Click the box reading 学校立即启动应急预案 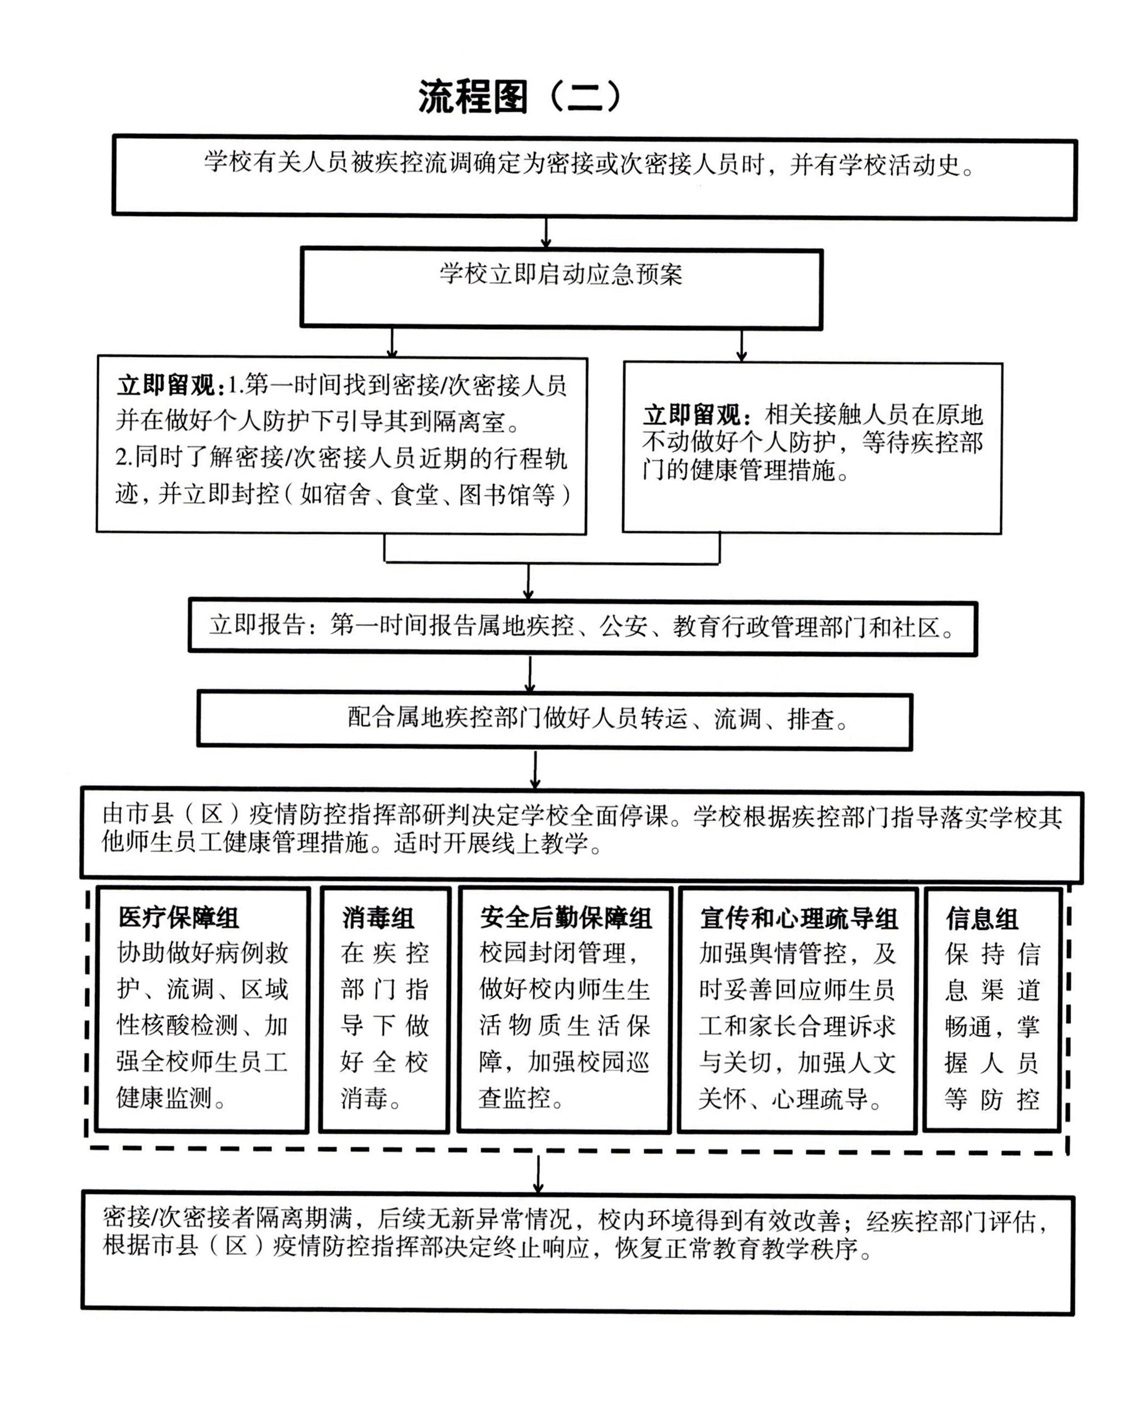click(561, 274)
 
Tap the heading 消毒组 click(378, 917)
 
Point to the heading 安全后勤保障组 click(565, 917)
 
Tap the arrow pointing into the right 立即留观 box click(742, 345)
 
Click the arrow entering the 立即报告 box click(528, 582)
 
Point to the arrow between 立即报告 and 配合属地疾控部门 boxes click(531, 673)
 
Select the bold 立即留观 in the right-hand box click(693, 415)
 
